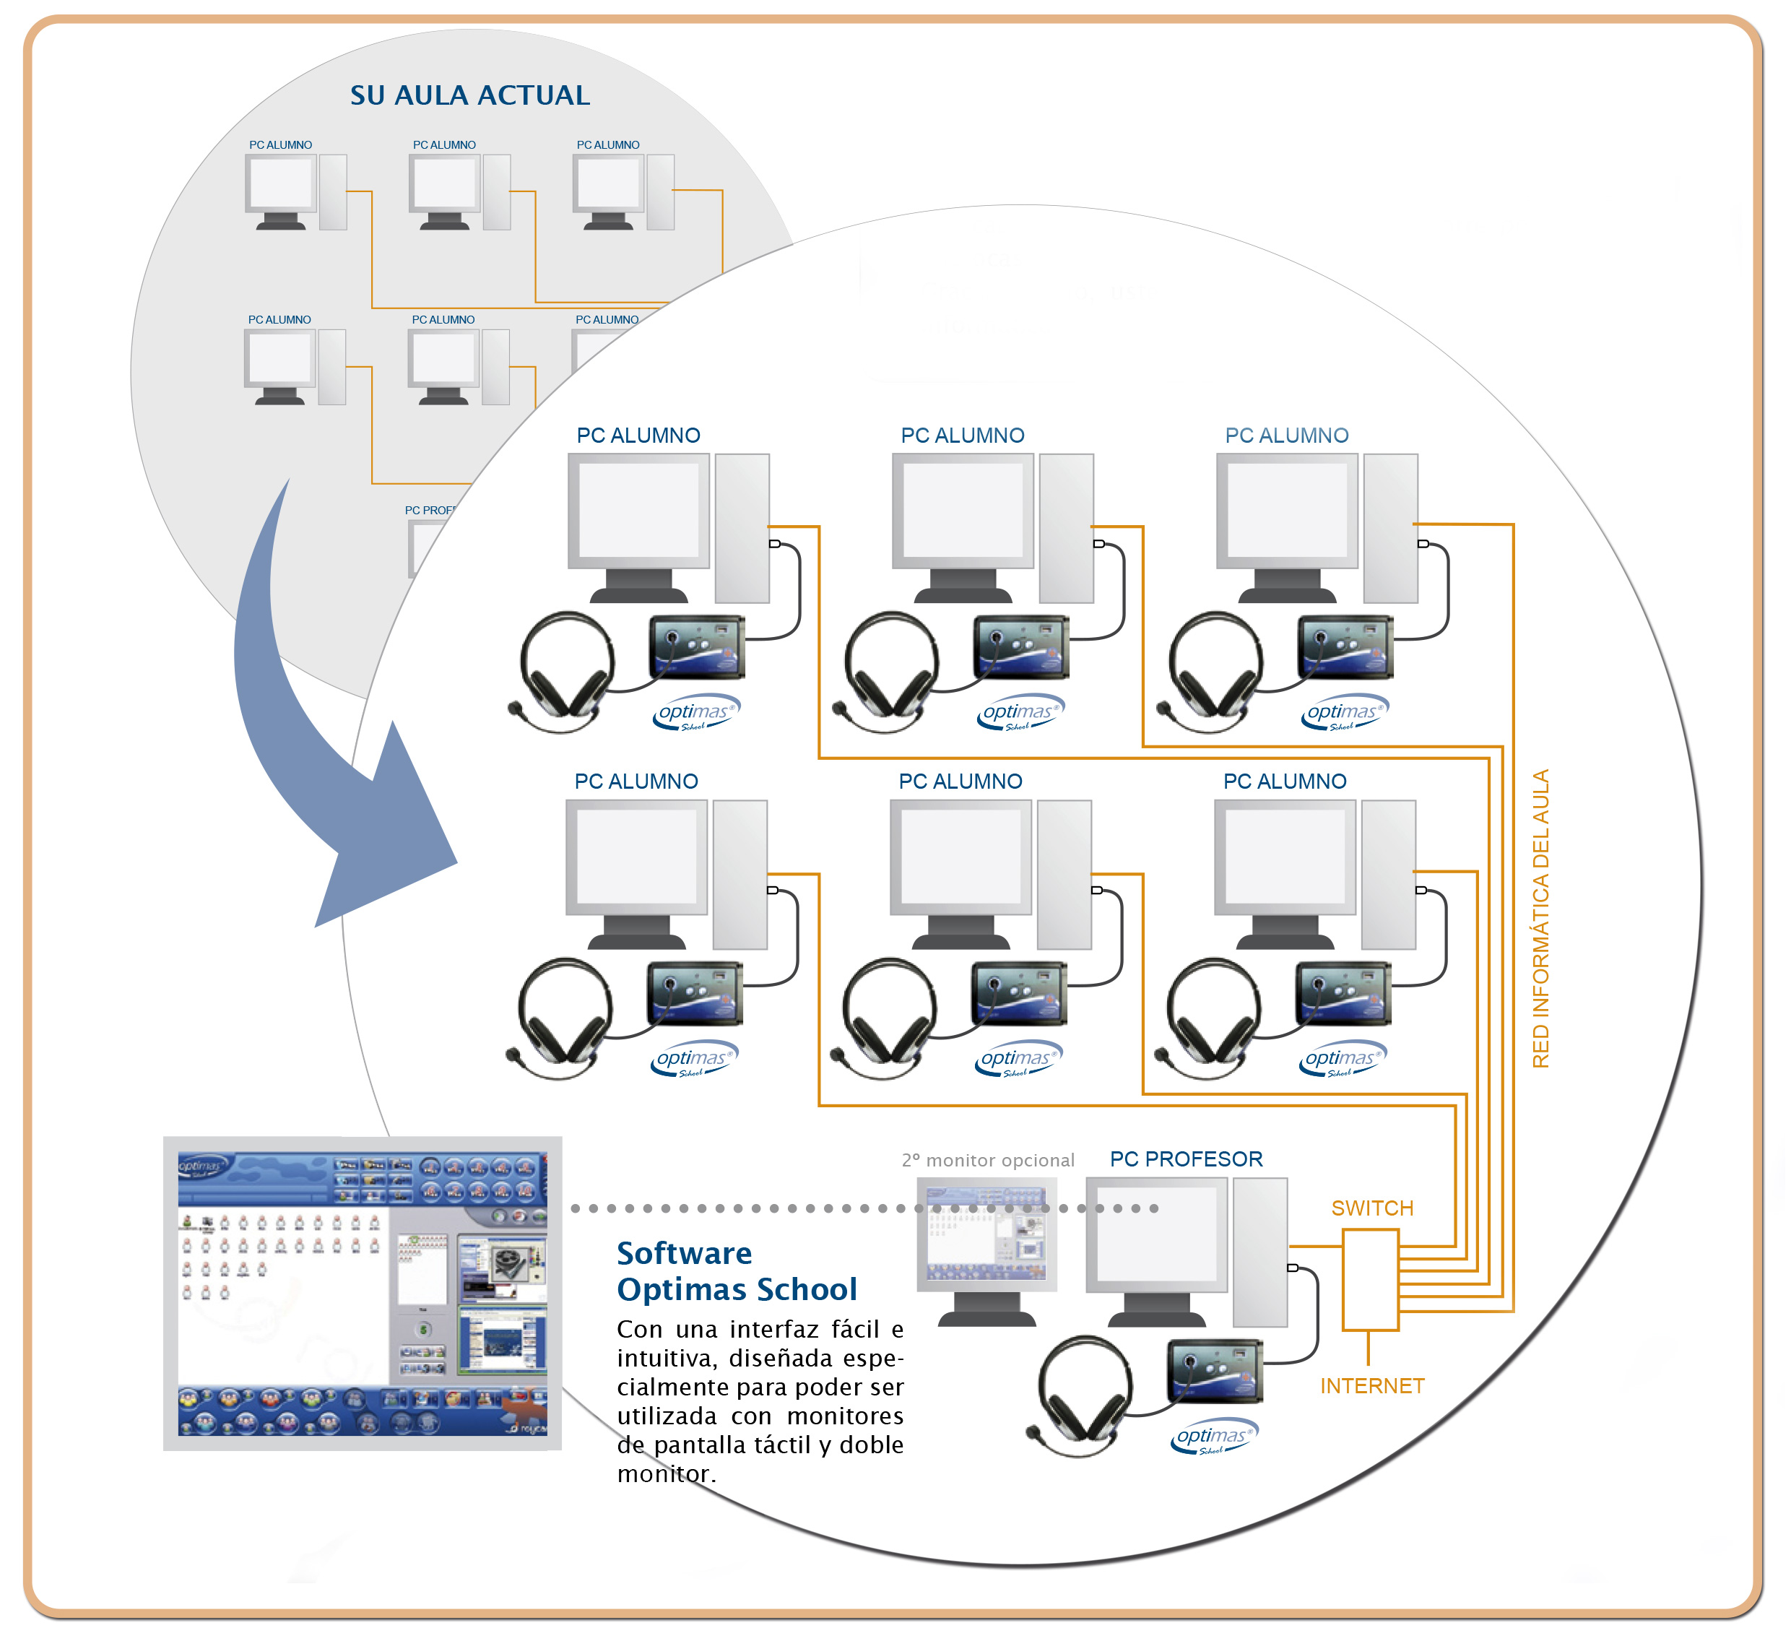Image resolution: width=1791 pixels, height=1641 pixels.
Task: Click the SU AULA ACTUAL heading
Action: (470, 95)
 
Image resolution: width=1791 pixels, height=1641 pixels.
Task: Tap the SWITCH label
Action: (1371, 1208)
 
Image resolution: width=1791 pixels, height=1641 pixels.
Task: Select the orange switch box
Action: (1370, 1279)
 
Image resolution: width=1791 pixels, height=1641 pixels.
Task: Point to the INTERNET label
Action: (1371, 1386)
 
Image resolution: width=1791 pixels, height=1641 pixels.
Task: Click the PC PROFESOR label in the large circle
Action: (1186, 1159)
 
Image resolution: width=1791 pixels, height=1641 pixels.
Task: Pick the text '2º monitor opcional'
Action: (988, 1161)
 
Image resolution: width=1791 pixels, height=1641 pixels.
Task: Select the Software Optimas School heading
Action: (737, 1271)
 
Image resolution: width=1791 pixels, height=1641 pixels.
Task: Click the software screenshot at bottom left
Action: (363, 1293)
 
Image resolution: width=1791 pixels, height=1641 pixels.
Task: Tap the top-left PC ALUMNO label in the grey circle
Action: (280, 145)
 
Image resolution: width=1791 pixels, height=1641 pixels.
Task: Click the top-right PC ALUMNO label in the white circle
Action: (1286, 436)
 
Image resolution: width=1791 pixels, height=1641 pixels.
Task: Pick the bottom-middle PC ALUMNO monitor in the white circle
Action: (960, 857)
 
